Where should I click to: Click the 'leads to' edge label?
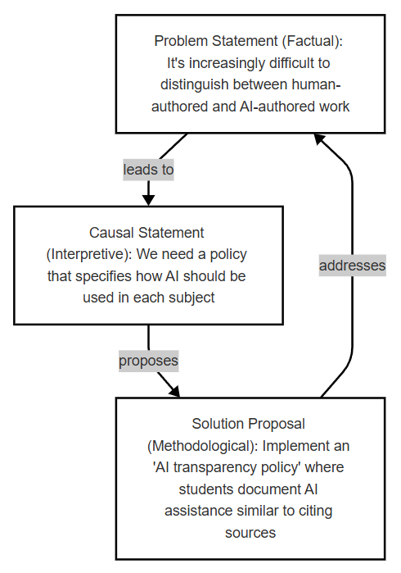tap(148, 170)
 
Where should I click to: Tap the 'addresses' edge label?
tap(353, 266)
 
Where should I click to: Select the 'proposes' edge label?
tap(148, 361)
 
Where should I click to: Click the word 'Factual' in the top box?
tap(310, 41)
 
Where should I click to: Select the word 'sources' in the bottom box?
tap(250, 533)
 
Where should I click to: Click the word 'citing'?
tap(315, 511)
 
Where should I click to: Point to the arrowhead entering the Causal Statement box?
tap(148, 200)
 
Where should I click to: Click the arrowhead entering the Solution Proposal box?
tap(175, 391)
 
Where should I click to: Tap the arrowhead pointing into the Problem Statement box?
tap(320, 139)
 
